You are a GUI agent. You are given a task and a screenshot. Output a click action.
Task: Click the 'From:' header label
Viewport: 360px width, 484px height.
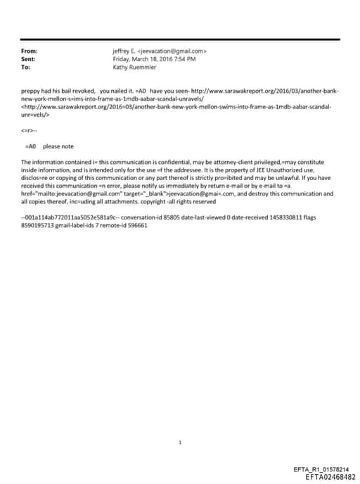point(30,51)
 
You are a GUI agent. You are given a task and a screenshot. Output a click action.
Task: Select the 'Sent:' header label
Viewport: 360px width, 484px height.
point(29,60)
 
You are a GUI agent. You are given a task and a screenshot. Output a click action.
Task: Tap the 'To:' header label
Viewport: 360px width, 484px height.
point(26,68)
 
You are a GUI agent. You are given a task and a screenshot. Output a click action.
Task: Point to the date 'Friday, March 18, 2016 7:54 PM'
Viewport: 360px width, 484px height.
point(154,60)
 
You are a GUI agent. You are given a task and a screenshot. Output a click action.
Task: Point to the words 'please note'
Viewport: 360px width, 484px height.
point(58,146)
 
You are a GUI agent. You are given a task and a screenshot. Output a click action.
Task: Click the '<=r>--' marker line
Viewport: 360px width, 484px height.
point(31,131)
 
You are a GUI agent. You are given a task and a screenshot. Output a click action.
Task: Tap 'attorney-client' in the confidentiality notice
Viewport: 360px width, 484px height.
point(202,162)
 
